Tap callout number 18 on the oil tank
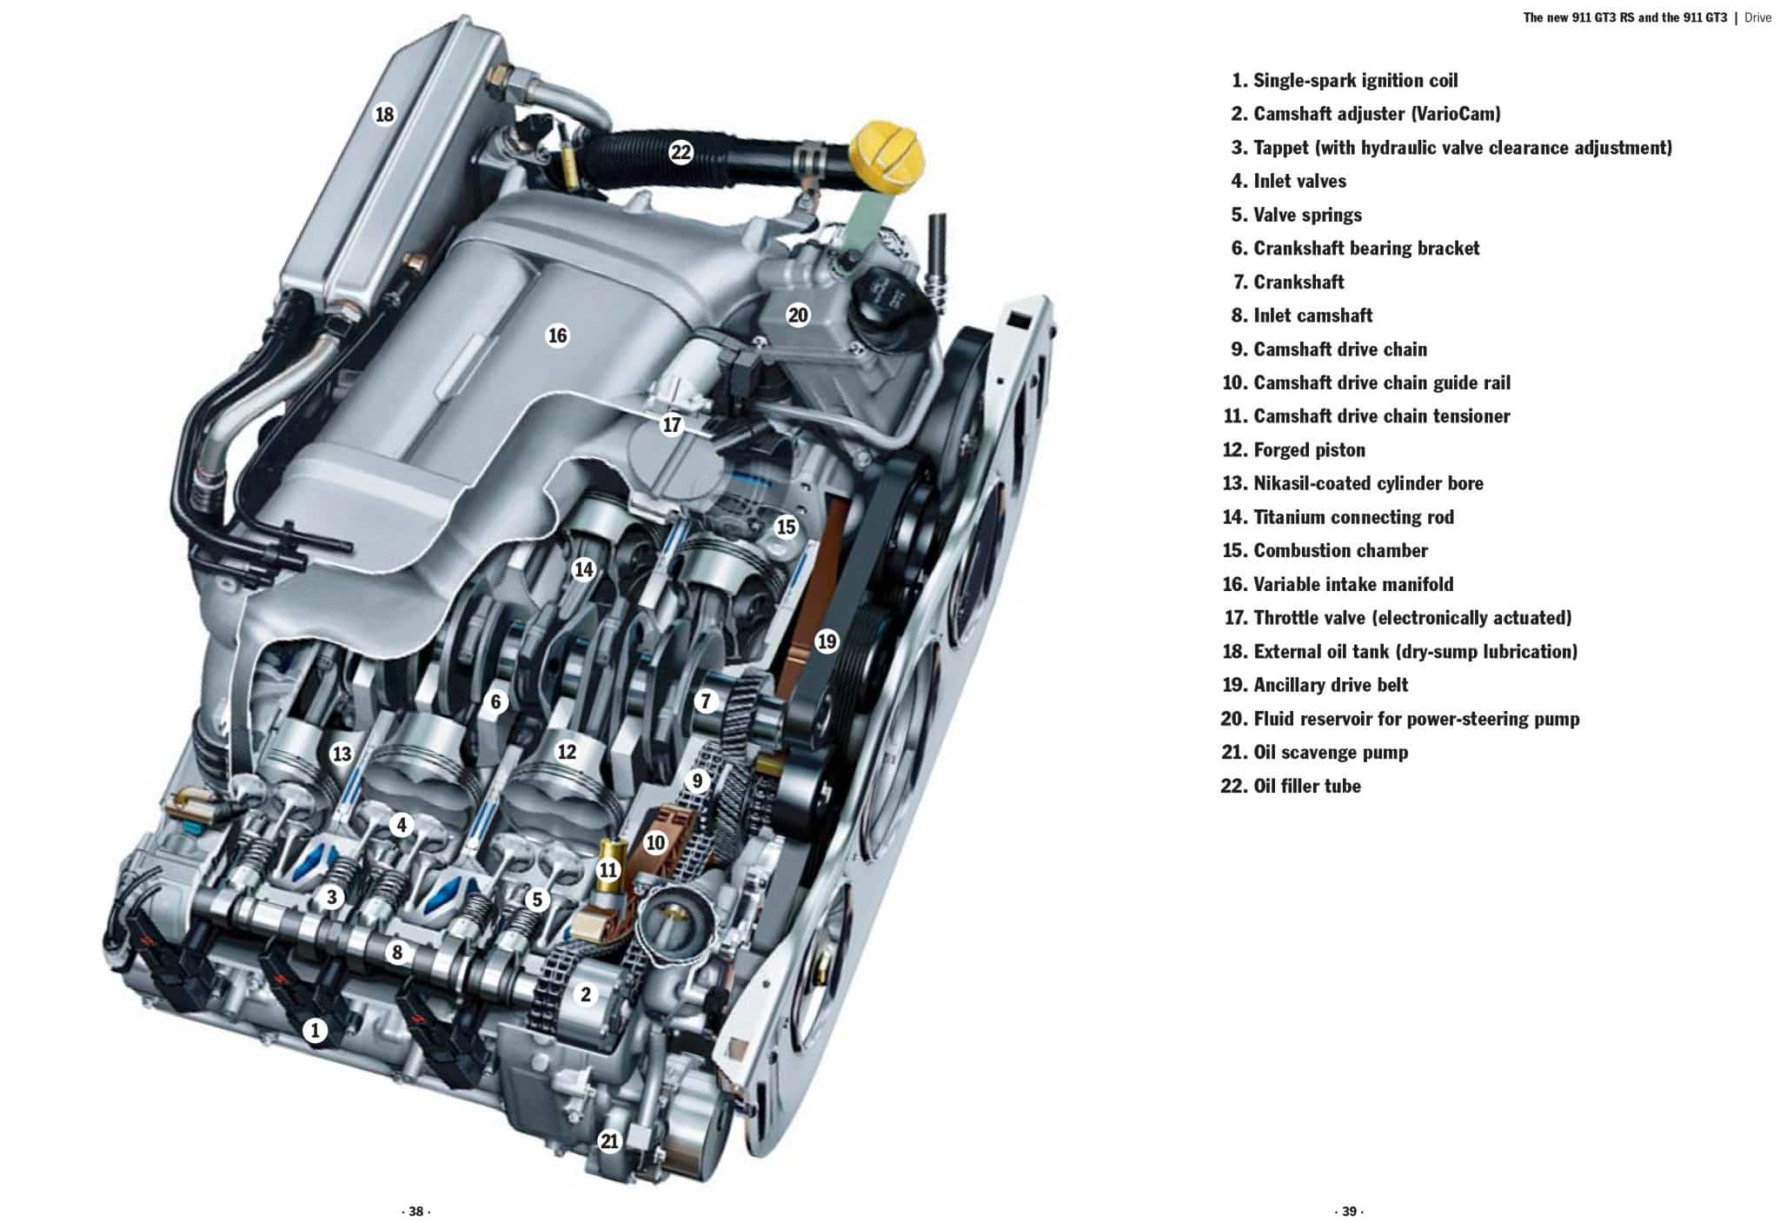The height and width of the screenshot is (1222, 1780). pyautogui.click(x=384, y=114)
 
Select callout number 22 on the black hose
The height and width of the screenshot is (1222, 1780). pyautogui.click(x=681, y=153)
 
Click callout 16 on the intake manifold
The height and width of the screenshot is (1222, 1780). pyautogui.click(x=557, y=335)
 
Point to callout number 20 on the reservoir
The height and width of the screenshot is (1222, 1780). pyautogui.click(x=798, y=315)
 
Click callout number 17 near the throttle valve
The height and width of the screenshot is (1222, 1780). pyautogui.click(x=672, y=425)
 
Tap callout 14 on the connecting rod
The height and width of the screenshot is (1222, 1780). pyautogui.click(x=584, y=569)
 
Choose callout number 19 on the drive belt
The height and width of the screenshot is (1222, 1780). pyautogui.click(x=827, y=641)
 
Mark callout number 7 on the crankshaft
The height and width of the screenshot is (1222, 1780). pyautogui.click(x=706, y=701)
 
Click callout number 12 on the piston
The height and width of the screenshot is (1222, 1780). pyautogui.click(x=567, y=752)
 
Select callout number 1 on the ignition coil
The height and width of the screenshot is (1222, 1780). pyautogui.click(x=315, y=1032)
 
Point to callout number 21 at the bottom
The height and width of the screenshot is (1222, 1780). pyautogui.click(x=609, y=1141)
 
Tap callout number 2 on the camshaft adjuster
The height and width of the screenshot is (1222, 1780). pyautogui.click(x=586, y=994)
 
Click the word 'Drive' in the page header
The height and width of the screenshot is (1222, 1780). pyautogui.click(x=1757, y=17)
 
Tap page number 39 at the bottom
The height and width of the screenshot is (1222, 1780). pyautogui.click(x=1348, y=1212)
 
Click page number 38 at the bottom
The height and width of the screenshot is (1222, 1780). pyautogui.click(x=415, y=1212)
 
